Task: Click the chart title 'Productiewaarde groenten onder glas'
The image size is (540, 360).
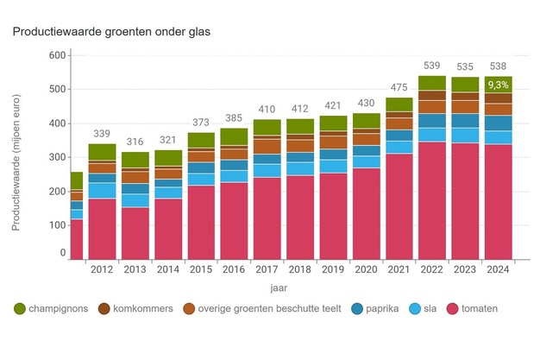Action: click(x=110, y=32)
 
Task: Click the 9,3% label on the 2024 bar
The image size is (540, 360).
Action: click(x=498, y=85)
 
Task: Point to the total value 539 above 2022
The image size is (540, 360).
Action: click(x=432, y=66)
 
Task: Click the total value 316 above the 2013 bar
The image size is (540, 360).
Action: click(x=135, y=142)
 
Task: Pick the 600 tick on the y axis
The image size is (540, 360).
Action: click(x=57, y=55)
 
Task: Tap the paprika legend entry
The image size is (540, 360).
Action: click(x=380, y=308)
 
